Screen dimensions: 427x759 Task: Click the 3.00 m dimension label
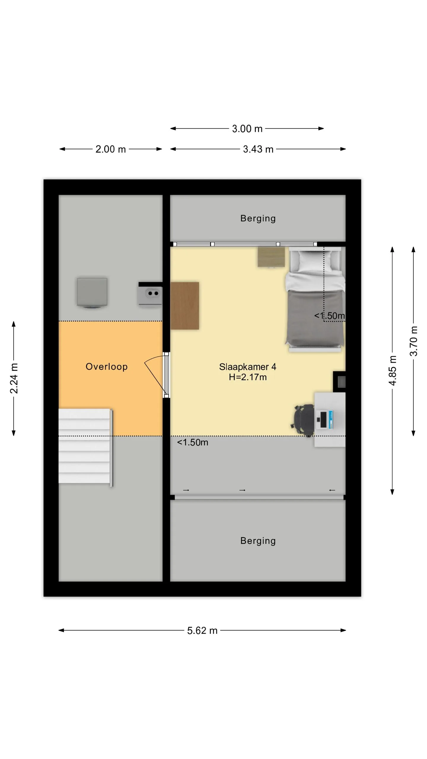pyautogui.click(x=247, y=129)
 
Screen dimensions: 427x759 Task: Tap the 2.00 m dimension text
pyautogui.click(x=111, y=149)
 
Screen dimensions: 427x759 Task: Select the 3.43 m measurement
pyautogui.click(x=258, y=149)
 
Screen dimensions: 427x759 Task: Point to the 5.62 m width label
pyautogui.click(x=202, y=630)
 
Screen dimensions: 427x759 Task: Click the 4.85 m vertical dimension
pyautogui.click(x=392, y=371)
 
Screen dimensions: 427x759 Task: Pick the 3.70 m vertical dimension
pyautogui.click(x=413, y=341)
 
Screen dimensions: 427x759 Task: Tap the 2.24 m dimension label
pyautogui.click(x=14, y=378)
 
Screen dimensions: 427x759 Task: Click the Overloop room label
pyautogui.click(x=106, y=367)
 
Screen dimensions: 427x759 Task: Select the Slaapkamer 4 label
pyautogui.click(x=248, y=367)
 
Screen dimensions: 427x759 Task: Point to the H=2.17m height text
pyautogui.click(x=248, y=377)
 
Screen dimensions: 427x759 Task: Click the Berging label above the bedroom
pyautogui.click(x=258, y=219)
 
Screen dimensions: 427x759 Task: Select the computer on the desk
pyautogui.click(x=324, y=420)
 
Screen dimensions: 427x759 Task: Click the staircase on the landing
pyautogui.click(x=86, y=447)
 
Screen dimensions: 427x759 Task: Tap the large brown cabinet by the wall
pyautogui.click(x=184, y=306)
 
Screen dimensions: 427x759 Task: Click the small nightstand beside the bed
pyautogui.click(x=271, y=257)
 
